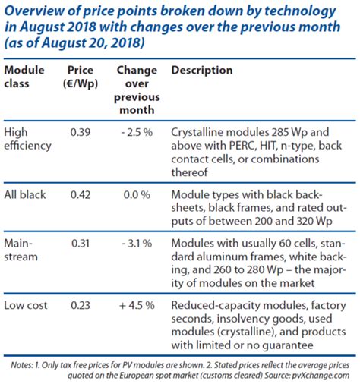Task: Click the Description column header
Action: click(202, 71)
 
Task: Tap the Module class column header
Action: click(24, 77)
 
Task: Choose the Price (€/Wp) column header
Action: click(81, 77)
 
